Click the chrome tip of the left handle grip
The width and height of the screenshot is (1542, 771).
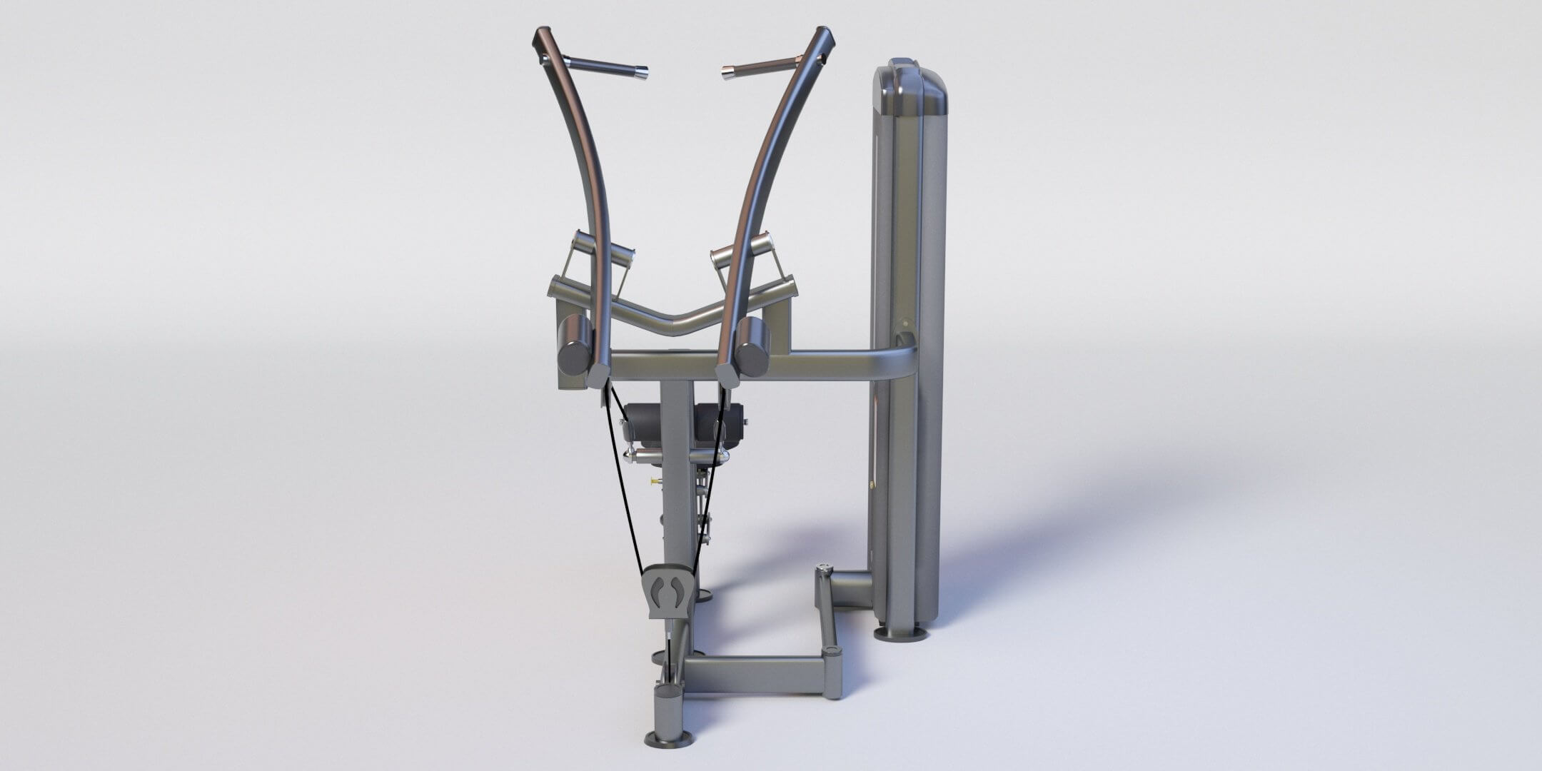641,72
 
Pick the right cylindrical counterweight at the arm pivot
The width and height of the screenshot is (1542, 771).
752,346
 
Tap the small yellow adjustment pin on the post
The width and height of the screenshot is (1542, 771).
653,482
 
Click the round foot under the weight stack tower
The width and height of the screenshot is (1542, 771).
902,633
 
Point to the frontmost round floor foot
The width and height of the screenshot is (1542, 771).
667,737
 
